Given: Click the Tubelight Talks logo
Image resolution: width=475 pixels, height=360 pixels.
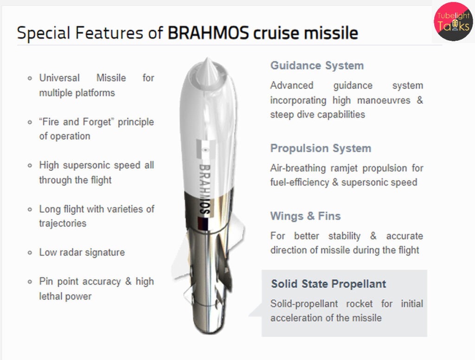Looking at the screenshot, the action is point(453,21).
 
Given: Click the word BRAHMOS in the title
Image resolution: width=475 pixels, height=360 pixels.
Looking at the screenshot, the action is point(208,33).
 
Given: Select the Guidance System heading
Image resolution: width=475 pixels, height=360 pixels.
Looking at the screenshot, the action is point(317,65).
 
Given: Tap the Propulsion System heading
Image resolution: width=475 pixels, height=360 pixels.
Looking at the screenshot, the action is point(321,148).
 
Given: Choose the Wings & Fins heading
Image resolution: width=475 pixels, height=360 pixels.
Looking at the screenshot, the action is point(305,216).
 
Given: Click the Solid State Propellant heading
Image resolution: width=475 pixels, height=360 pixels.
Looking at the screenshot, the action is point(328,284).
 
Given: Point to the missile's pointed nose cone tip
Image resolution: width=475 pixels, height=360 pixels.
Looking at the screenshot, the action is point(207,58).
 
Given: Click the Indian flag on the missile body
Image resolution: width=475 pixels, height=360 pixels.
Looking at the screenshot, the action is point(205,149).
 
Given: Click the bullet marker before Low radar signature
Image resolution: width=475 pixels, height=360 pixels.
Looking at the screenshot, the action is point(30,252).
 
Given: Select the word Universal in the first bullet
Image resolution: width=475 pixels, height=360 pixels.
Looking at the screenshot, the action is point(59,78).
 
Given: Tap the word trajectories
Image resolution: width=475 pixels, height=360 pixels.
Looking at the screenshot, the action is point(63,223).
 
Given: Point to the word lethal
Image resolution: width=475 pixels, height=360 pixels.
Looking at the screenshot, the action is point(50,296).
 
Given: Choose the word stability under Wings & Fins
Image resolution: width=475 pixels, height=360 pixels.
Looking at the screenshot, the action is point(345,236).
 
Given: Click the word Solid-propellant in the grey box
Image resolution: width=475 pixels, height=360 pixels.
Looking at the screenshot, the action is point(304,304).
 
